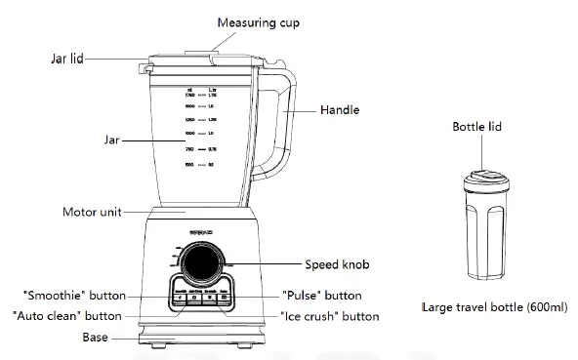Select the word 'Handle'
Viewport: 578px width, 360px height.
tap(339, 111)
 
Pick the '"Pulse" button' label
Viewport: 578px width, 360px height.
tap(321, 296)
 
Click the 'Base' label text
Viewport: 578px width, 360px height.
tap(95, 338)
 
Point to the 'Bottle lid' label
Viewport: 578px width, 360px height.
tap(477, 128)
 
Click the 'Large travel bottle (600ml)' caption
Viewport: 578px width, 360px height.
tap(494, 306)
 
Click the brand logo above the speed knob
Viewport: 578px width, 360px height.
tap(203, 234)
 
